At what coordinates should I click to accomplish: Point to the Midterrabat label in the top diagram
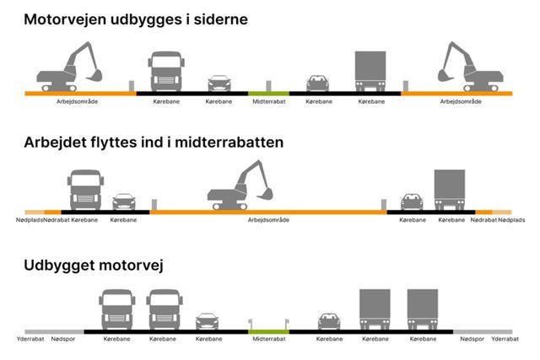[x=268, y=101]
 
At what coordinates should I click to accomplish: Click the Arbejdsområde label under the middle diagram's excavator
[x=268, y=220]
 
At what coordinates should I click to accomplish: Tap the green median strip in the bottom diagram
[x=268, y=331]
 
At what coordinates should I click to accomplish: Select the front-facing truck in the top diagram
[x=165, y=71]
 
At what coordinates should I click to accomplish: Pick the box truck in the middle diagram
[x=449, y=189]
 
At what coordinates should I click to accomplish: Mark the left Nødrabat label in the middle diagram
[x=57, y=220]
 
